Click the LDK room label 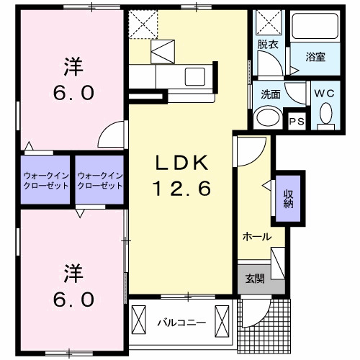pos(182,163)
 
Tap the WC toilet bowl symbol pos(326,113)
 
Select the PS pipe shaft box pos(297,121)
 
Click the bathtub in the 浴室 pos(315,26)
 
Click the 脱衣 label pos(268,45)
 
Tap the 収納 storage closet pos(288,198)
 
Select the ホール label pos(257,237)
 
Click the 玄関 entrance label pos(255,279)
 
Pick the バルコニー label pos(181,323)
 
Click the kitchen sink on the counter pos(195,76)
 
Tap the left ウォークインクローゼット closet pos(45,180)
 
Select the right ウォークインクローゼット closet pos(99,180)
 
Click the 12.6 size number pos(182,189)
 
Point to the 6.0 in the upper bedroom pos(73,93)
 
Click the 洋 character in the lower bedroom pos(73,273)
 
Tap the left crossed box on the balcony pos(139,322)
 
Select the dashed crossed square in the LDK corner pos(143,24)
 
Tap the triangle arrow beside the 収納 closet pos(266,185)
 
